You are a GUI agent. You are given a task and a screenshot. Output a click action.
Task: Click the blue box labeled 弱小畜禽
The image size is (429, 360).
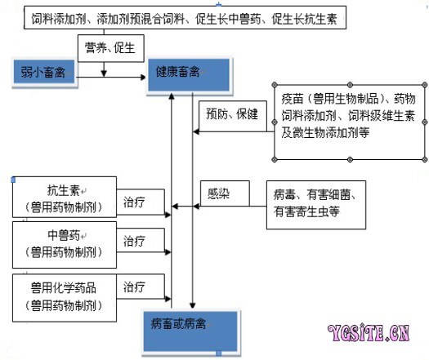pos(44,72)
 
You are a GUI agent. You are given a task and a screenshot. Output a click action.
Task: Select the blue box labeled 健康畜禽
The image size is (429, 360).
pos(189,74)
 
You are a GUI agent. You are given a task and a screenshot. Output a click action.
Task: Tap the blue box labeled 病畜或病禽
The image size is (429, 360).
pos(190,331)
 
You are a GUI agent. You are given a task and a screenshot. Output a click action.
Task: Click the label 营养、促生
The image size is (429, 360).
pos(110,48)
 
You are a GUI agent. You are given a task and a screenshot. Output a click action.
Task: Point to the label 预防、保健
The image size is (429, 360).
pos(232,113)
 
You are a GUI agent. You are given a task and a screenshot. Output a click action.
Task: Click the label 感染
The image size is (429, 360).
pos(218,193)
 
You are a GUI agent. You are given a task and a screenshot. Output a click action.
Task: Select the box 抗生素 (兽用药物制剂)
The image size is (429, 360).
pos(65,197)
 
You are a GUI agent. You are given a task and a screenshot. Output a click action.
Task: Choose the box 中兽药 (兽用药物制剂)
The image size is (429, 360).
pos(65,245)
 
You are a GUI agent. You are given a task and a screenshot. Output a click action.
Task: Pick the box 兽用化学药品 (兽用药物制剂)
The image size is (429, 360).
pos(65,298)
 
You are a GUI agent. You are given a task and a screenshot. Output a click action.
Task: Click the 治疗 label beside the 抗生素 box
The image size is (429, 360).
pos(134,202)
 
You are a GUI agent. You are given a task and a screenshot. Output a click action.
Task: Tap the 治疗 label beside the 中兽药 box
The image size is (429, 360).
pos(134,241)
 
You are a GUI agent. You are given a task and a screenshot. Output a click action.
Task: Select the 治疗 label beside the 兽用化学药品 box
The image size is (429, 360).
pos(134,287)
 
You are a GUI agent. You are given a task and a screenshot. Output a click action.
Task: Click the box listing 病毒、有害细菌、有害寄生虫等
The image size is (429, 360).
pos(316,205)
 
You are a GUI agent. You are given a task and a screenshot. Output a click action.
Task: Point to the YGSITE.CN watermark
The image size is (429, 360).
pos(369,333)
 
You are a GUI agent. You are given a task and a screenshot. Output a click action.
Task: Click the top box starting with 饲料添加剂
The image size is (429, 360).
pos(185,18)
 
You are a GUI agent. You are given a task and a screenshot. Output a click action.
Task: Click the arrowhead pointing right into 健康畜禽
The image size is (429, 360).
pos(143,78)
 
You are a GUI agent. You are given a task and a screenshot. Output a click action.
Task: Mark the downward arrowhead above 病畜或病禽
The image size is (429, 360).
pos(193,305)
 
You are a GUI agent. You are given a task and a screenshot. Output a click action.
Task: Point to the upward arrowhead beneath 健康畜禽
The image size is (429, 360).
pos(172,96)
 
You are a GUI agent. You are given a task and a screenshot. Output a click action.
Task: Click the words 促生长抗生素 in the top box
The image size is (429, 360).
pos(304,19)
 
